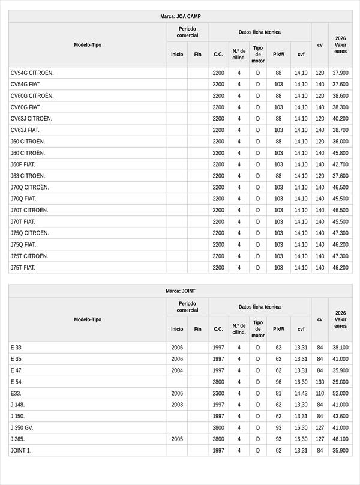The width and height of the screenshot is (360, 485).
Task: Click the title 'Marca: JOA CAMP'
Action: [180, 16]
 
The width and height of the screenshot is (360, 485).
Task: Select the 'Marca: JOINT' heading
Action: [180, 291]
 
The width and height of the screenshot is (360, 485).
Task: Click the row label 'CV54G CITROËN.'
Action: [32, 73]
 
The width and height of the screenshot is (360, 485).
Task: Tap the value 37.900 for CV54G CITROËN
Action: [340, 73]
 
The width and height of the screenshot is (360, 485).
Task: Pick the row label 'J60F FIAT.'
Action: [23, 164]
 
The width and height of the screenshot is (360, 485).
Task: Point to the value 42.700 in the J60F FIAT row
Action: [340, 164]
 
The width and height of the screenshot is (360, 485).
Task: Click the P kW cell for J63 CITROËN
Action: [278, 176]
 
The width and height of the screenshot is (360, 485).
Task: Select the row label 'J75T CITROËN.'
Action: [29, 256]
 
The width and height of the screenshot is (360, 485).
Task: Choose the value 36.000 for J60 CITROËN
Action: [340, 142]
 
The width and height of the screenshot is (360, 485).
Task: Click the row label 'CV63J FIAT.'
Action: [25, 130]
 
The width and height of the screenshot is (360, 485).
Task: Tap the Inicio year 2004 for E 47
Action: [177, 370]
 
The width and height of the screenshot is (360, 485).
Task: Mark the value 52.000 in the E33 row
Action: [340, 393]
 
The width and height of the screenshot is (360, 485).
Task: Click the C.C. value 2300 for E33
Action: [218, 393]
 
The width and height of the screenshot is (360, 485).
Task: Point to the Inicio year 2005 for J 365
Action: [177, 439]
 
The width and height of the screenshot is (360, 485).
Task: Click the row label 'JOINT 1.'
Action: [21, 450]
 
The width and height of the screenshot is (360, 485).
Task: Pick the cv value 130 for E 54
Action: [320, 382]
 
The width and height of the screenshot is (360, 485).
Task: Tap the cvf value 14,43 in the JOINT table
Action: [301, 393]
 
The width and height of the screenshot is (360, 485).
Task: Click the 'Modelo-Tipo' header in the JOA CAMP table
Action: [88, 45]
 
